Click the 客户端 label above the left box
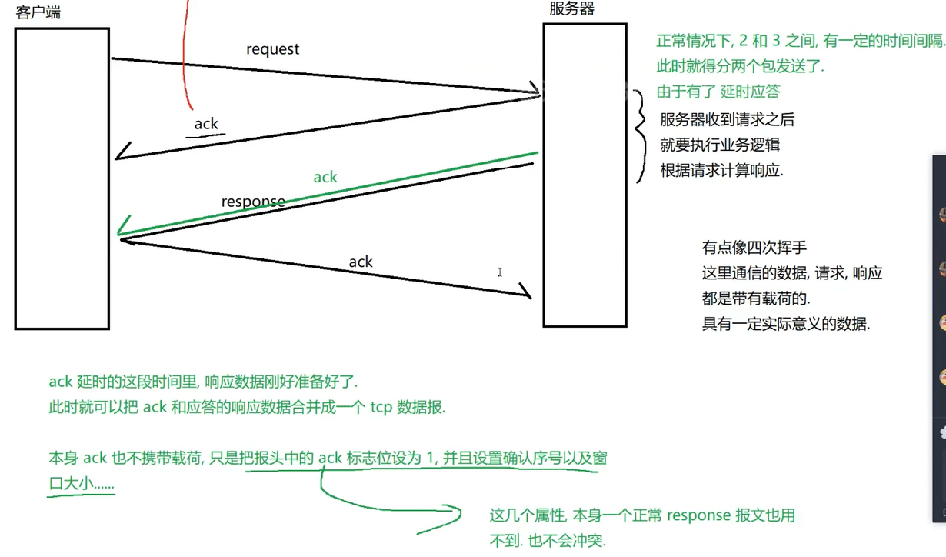[x=38, y=14]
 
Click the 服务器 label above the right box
[x=572, y=8]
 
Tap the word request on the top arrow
[x=272, y=49]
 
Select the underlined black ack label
[x=206, y=124]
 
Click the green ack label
[x=325, y=177]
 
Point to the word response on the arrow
[x=253, y=202]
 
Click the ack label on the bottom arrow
[x=361, y=262]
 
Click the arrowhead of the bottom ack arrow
[x=525, y=292]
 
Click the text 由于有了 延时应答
[x=718, y=92]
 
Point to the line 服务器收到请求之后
[x=727, y=119]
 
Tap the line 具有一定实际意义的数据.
[x=785, y=324]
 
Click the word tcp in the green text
[x=381, y=408]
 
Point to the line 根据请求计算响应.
[x=721, y=171]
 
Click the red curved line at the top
[x=185, y=54]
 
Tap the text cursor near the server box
[x=500, y=272]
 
